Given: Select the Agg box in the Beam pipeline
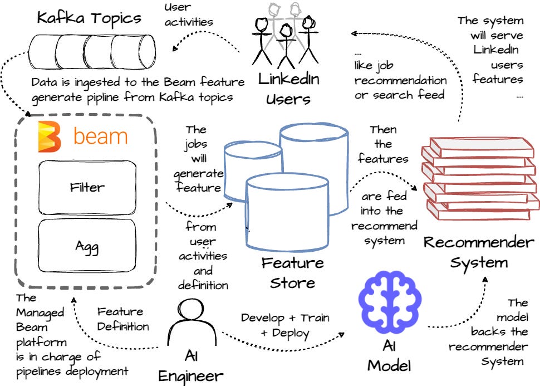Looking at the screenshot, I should tap(87, 246).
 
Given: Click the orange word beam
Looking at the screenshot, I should tap(101, 136).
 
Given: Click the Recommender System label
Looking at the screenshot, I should tap(479, 252).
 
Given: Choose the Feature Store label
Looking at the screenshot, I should tap(293, 272).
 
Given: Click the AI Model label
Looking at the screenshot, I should tap(389, 356).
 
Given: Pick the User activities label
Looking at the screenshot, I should tap(188, 15).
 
